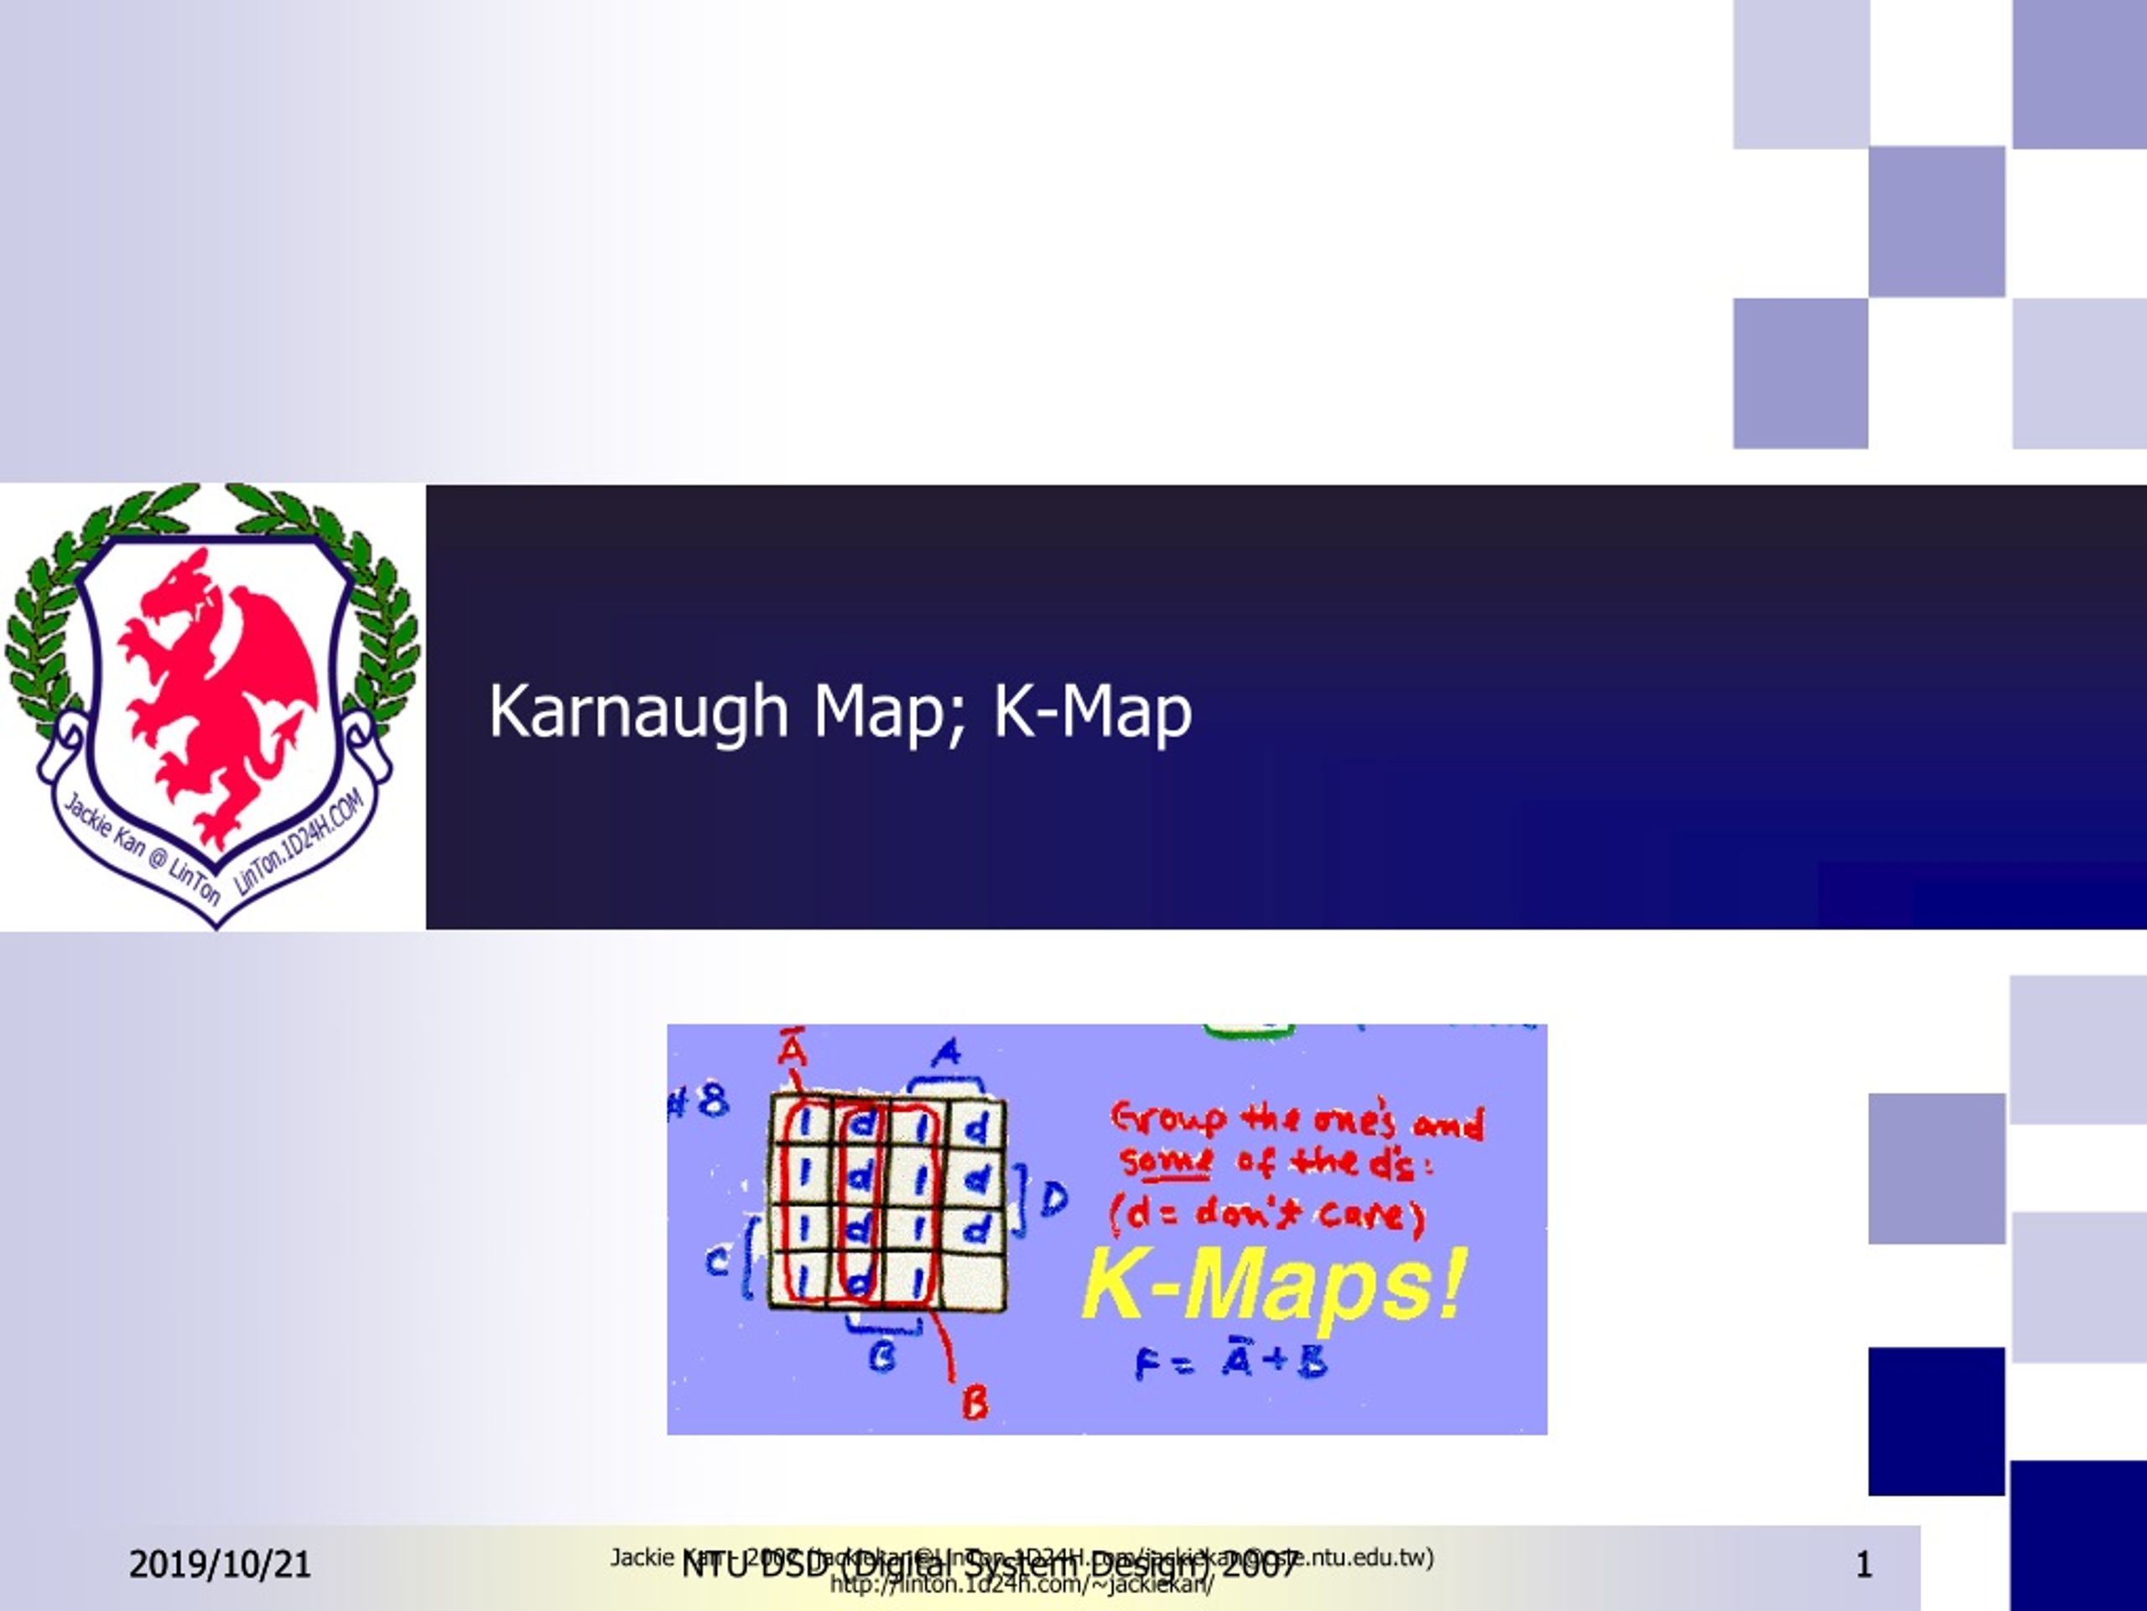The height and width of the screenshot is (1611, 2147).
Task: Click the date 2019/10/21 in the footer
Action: coord(220,1564)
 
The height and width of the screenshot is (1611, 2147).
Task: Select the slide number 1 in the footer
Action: coord(1864,1564)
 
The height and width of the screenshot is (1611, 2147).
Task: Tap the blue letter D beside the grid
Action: coord(1054,1200)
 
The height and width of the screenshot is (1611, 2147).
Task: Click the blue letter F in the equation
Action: coord(1147,1365)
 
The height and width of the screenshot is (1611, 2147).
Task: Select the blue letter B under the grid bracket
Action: coord(882,1356)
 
